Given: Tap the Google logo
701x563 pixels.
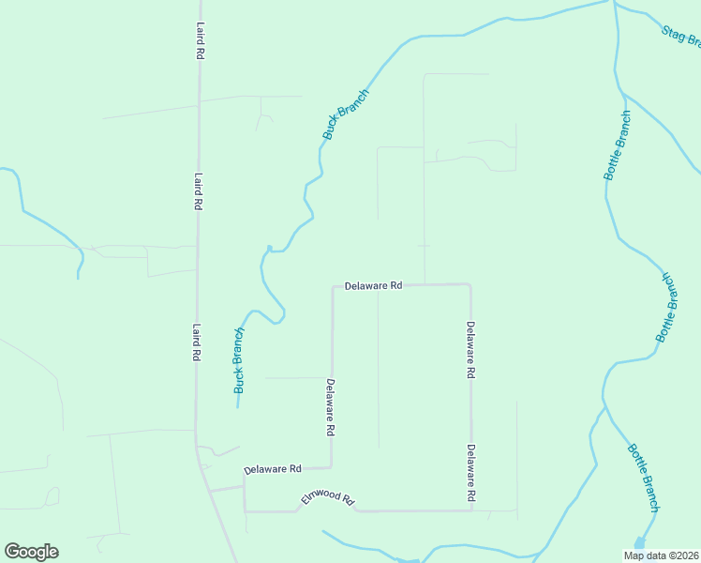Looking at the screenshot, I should [31, 552].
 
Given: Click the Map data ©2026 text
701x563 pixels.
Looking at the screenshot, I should [660, 555].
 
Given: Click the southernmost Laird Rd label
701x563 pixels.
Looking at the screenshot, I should [197, 342].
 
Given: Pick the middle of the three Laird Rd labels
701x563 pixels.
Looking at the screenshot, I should [199, 190].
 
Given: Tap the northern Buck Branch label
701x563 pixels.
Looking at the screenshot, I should [346, 114].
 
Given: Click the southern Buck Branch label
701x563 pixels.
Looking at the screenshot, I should [239, 359].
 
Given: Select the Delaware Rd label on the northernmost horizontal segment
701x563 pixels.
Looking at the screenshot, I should [373, 285].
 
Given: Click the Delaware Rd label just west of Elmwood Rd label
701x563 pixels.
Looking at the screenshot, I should [272, 468].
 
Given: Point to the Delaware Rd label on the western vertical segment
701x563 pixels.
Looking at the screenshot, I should [331, 407].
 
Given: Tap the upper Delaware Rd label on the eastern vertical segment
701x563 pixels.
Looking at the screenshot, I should [471, 349].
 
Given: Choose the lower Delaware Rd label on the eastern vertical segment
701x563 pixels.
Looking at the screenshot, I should [471, 471].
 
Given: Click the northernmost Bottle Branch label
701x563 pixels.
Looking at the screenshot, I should [618, 145].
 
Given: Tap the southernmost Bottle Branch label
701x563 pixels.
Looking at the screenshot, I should [644, 478].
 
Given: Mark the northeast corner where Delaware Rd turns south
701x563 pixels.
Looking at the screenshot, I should [470, 284].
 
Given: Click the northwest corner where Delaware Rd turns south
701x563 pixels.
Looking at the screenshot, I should [333, 286].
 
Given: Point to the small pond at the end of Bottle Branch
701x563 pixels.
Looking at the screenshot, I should [640, 543].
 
